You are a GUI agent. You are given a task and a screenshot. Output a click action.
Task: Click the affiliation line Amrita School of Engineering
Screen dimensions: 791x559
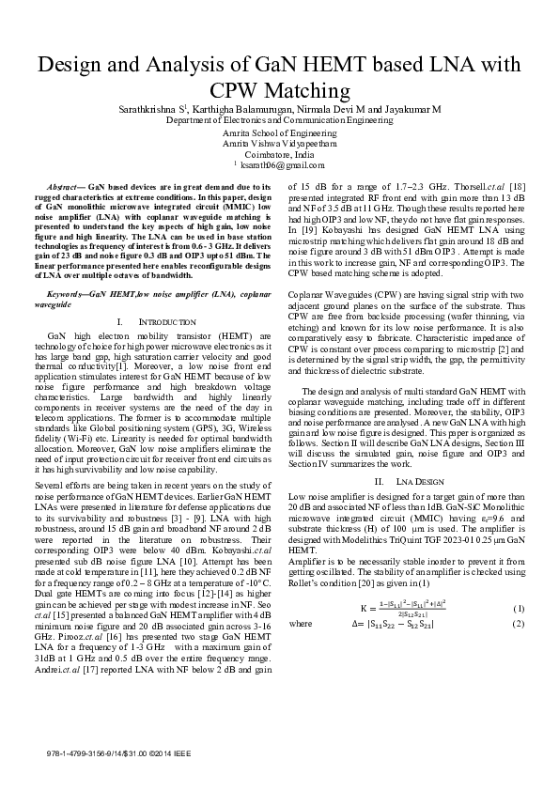point(279,134)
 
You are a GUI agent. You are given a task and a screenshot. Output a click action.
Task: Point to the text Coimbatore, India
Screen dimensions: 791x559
point(279,155)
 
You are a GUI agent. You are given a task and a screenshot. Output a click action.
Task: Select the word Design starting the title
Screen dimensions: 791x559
point(74,65)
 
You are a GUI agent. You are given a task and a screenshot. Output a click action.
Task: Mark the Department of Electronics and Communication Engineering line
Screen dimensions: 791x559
point(279,121)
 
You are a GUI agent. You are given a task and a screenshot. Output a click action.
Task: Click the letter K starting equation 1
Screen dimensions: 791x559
point(365,610)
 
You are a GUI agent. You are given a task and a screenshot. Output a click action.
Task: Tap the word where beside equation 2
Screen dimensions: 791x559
point(301,623)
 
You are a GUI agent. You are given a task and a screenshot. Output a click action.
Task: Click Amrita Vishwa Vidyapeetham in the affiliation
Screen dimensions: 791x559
point(279,145)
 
